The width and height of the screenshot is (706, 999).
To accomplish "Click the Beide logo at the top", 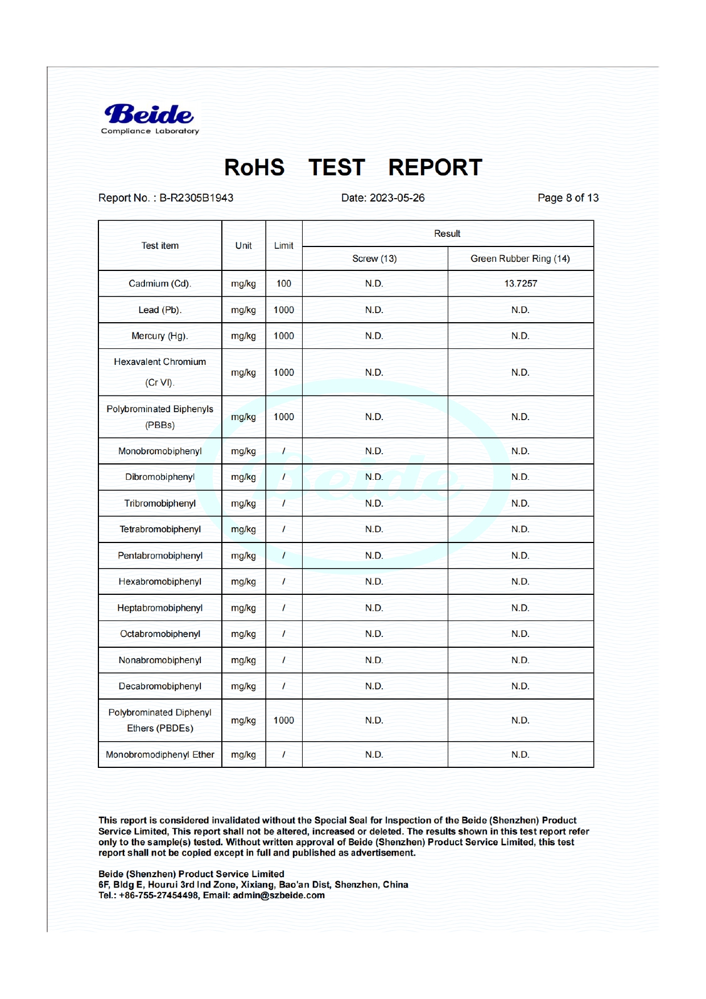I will [149, 118].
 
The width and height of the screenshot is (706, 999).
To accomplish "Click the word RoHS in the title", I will [254, 167].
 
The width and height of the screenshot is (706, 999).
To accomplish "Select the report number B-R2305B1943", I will [196, 198].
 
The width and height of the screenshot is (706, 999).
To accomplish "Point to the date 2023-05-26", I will [397, 198].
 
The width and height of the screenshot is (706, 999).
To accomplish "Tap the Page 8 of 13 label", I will [568, 198].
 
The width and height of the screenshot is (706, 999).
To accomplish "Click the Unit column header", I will [243, 246].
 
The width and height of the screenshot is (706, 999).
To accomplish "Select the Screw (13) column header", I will [374, 259].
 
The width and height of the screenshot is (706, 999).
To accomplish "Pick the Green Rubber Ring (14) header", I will [520, 259].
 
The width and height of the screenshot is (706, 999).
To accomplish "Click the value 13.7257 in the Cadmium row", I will [521, 283].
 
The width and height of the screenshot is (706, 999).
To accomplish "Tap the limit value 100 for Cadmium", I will [284, 283].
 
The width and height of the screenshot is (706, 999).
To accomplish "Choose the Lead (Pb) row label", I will [160, 310].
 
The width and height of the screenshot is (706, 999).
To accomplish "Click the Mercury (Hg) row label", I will [160, 336].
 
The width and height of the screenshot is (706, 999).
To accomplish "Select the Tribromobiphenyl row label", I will [160, 503].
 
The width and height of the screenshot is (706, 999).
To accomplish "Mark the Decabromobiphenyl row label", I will [160, 686].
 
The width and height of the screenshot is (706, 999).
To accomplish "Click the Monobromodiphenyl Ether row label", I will [160, 755].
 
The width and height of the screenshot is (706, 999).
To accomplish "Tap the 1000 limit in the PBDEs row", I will [284, 721].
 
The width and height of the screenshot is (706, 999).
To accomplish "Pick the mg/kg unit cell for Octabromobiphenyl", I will [243, 634].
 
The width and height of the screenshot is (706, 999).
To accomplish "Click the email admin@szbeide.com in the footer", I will [279, 895].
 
